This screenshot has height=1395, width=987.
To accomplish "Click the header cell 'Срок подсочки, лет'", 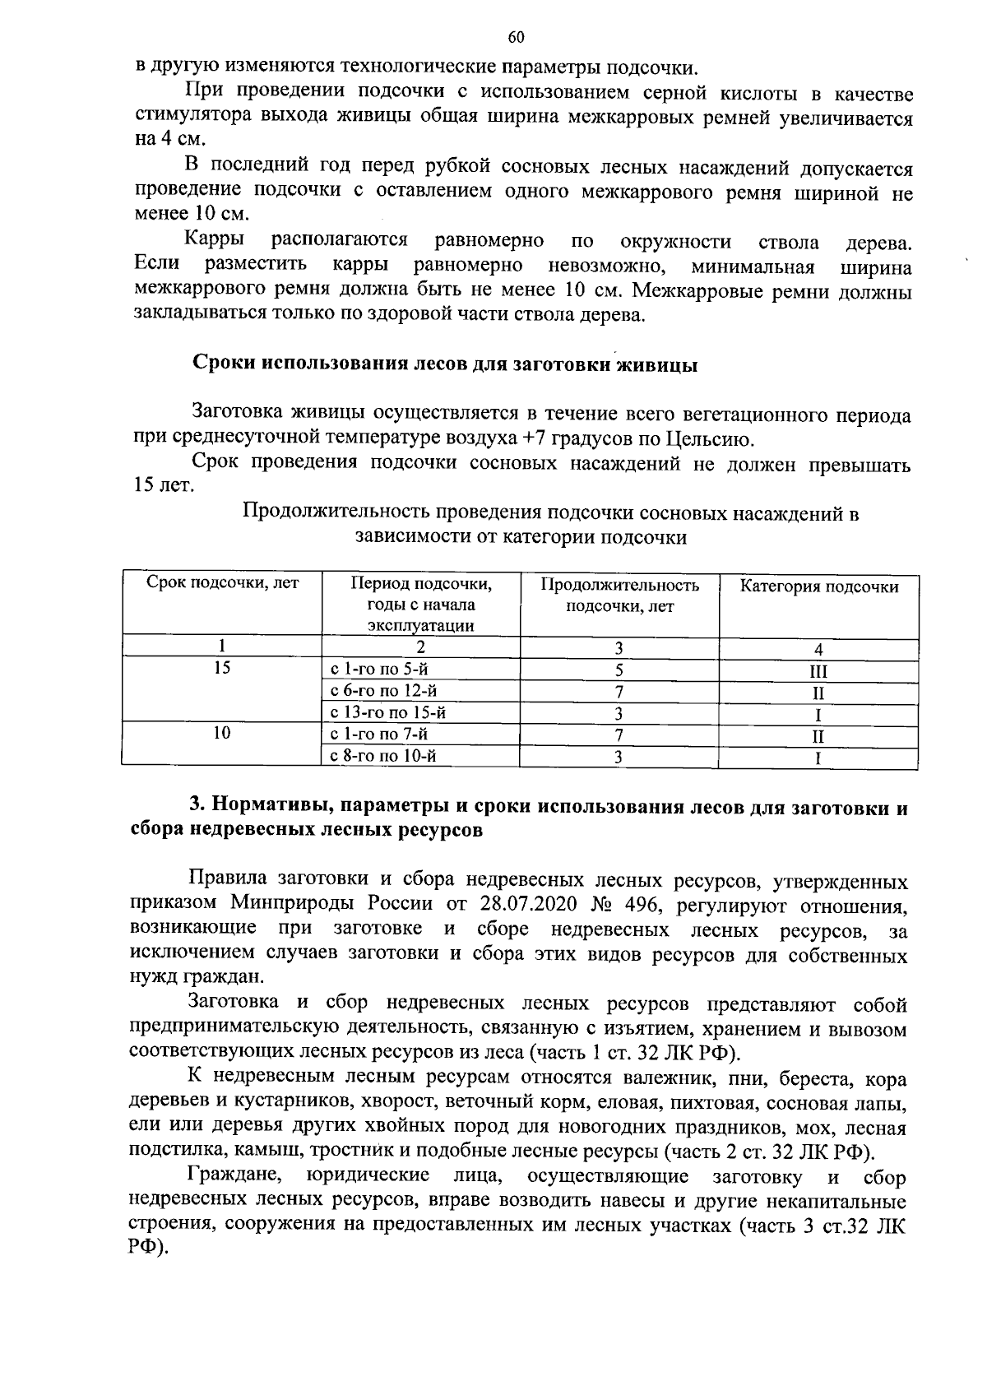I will (x=223, y=585).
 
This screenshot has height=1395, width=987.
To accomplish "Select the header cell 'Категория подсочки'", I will (x=818, y=586).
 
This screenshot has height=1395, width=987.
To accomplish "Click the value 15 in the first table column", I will (x=221, y=668).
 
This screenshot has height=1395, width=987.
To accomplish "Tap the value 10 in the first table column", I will (x=221, y=732).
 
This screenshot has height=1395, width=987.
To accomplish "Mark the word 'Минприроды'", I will (x=331, y=905).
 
